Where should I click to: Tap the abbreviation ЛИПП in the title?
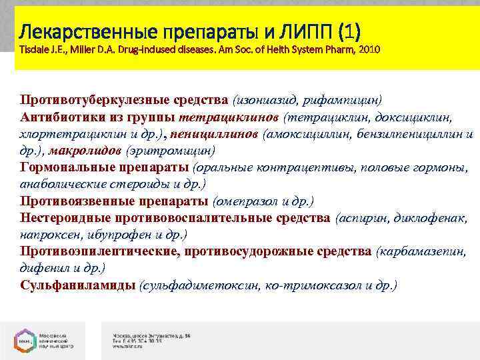[x=305, y=31]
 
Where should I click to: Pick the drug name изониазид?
[x=266, y=100]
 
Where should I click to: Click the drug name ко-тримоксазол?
[x=317, y=285]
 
